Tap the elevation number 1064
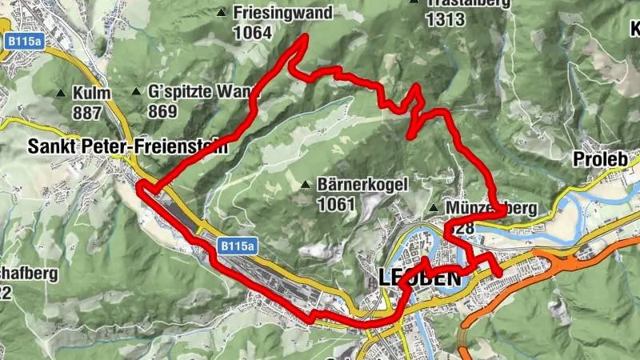tap(253, 33)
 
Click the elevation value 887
tap(87, 111)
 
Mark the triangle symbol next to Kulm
tap(61, 92)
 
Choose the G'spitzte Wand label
tap(203, 92)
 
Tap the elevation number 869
tap(162, 111)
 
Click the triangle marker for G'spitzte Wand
tap(137, 92)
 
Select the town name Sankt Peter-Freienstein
tap(127, 147)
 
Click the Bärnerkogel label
tap(362, 185)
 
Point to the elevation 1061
tap(336, 205)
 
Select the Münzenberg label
tap(493, 209)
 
